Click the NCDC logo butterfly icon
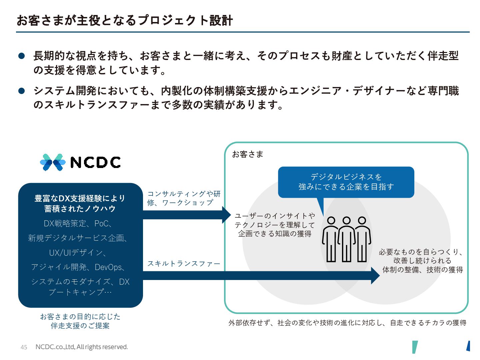coord(53,162)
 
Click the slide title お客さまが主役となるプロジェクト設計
coord(125,20)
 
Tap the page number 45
coord(24,347)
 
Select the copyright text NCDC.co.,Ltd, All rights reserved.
coord(82,347)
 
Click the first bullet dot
coord(22,56)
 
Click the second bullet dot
coord(22,91)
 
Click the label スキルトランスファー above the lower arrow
coord(184,264)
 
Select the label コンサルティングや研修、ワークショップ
coord(184,198)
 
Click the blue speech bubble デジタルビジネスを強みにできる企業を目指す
coord(346,182)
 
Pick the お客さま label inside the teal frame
coord(248,154)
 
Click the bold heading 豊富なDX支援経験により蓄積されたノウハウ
coord(80,203)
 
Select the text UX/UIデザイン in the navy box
coord(77,253)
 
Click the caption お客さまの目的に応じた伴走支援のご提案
coord(80,321)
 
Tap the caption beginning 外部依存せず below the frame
coord(347,323)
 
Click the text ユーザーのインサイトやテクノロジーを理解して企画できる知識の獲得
coord(275,225)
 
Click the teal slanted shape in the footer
coord(415,347)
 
